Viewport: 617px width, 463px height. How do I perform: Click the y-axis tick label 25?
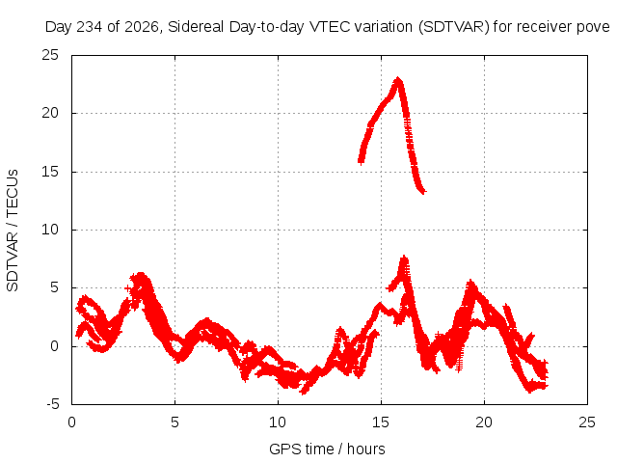click(50, 55)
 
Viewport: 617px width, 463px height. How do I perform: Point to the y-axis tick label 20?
click(50, 114)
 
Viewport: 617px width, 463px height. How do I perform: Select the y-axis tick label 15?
click(50, 172)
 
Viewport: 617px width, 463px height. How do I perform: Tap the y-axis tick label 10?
click(50, 230)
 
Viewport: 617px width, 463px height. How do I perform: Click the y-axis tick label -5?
click(52, 404)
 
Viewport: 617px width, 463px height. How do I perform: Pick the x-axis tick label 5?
click(174, 422)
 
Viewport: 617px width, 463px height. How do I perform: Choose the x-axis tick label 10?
click(278, 422)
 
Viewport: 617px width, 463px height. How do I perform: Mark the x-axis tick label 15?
click(381, 422)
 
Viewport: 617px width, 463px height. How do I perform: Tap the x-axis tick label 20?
click(484, 422)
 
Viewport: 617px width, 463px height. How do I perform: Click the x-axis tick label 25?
click(587, 422)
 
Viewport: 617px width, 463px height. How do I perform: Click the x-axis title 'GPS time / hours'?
click(327, 449)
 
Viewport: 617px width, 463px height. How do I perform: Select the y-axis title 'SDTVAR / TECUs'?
click(13, 231)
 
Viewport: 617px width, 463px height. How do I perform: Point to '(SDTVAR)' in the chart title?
click(454, 27)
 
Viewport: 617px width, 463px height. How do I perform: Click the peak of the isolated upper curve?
click(398, 79)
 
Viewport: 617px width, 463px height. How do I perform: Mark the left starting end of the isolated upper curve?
click(361, 160)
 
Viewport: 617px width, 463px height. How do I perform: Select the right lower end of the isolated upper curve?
click(423, 192)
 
